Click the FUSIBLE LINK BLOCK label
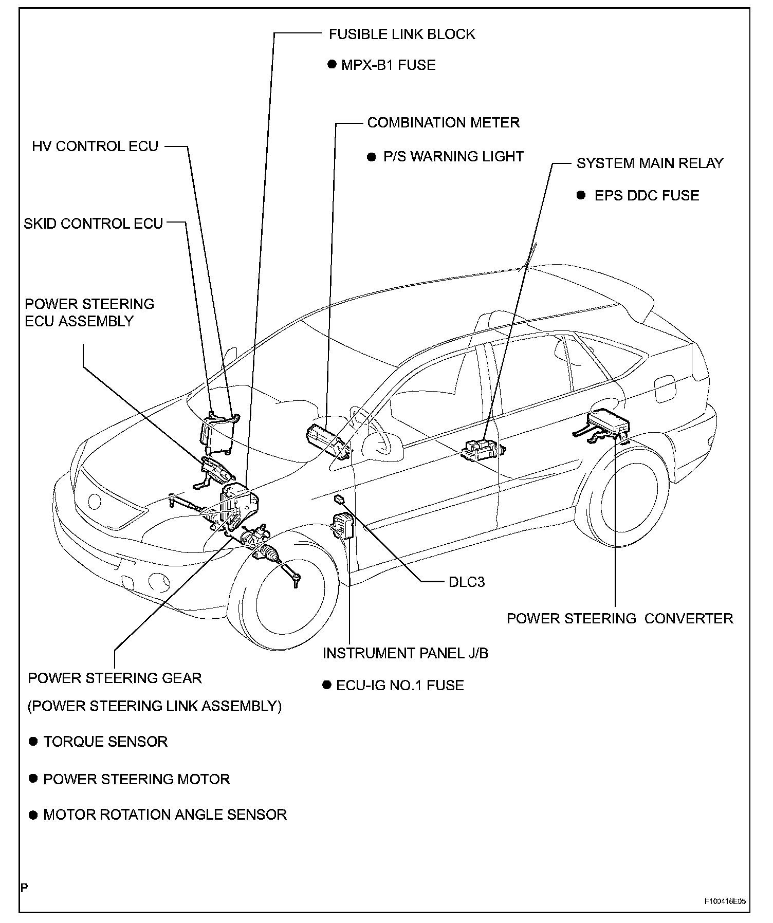point(402,34)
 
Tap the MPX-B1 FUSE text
point(388,65)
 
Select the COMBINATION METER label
point(443,123)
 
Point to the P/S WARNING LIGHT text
point(453,157)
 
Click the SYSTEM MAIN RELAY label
point(650,163)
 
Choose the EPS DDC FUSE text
point(647,196)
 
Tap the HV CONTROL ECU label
point(95,146)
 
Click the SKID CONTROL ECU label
point(94,224)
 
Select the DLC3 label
point(467,582)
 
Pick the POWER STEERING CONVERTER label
point(620,618)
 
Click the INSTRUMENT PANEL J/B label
point(406,653)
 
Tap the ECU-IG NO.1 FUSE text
point(400,686)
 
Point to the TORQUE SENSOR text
point(105,742)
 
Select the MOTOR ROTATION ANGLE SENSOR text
point(165,815)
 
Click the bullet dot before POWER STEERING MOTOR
point(33,779)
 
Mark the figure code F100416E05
point(725,901)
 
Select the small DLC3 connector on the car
point(340,499)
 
